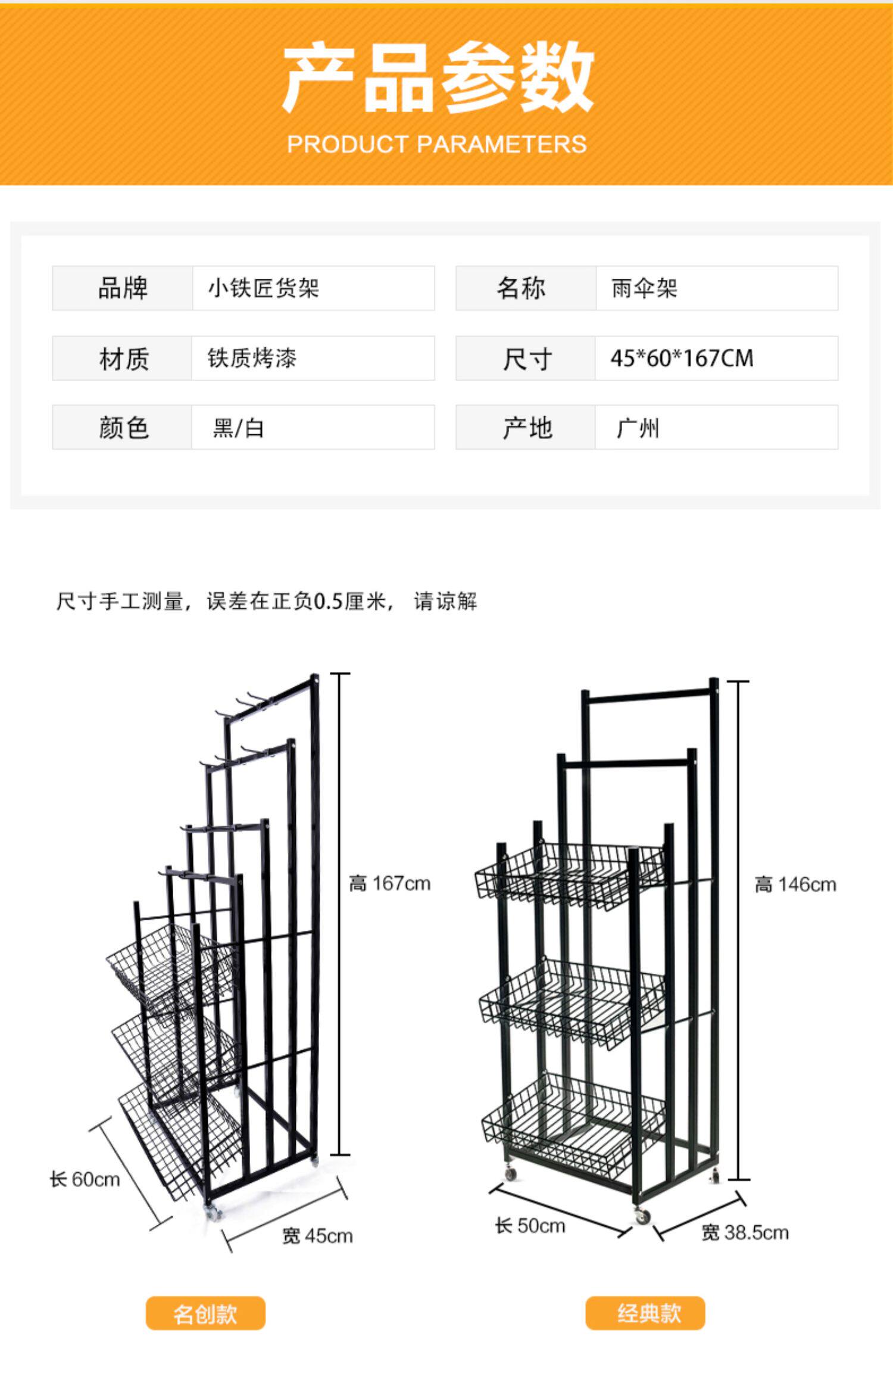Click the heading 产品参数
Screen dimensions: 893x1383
(438, 77)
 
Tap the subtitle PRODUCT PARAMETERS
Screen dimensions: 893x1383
(437, 144)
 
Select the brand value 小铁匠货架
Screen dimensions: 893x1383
(263, 288)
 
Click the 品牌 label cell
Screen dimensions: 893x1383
(123, 288)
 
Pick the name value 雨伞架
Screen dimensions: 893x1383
(644, 288)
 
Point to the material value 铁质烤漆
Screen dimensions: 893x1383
(252, 358)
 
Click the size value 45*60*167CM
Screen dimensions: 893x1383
(682, 358)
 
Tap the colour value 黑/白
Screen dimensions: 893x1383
(238, 428)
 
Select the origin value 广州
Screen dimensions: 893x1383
(638, 428)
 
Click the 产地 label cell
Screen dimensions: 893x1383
(526, 428)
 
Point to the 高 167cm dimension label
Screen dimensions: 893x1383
(389, 883)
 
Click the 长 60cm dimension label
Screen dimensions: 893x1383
(85, 1179)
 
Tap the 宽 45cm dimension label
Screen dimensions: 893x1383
(317, 1236)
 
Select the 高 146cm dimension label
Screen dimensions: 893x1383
(795, 884)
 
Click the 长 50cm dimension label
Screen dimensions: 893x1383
(530, 1225)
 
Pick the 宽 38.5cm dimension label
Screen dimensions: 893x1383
(745, 1232)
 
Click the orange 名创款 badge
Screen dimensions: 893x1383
(205, 1313)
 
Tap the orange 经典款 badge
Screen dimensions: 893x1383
(645, 1313)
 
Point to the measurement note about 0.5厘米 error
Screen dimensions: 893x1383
(267, 601)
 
